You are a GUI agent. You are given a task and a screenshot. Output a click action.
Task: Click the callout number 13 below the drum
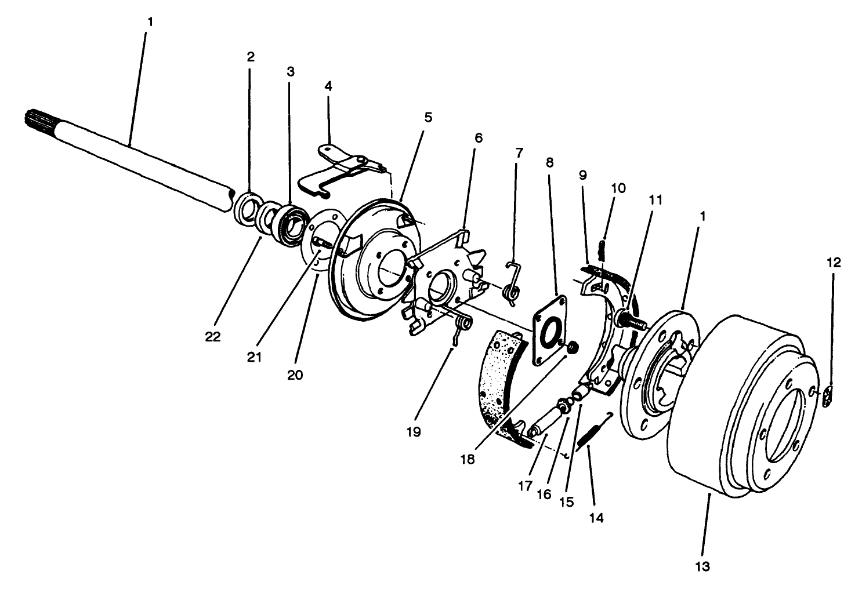tap(702, 566)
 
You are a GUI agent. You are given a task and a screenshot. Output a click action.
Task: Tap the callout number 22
tap(213, 336)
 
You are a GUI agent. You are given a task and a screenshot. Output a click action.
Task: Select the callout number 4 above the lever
tap(328, 87)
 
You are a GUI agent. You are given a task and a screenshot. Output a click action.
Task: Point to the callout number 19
tap(414, 431)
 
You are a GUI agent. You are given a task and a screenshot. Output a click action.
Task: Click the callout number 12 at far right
tap(834, 263)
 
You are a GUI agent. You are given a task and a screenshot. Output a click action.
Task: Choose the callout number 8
tap(549, 162)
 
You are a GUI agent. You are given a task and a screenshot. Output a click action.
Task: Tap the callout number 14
tap(596, 518)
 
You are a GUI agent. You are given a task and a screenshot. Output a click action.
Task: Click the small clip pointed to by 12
tap(828, 397)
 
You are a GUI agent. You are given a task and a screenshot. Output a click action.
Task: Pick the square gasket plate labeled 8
tap(548, 330)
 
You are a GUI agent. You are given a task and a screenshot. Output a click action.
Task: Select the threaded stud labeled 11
tap(631, 319)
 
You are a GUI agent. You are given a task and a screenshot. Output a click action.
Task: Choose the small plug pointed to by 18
tap(571, 348)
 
